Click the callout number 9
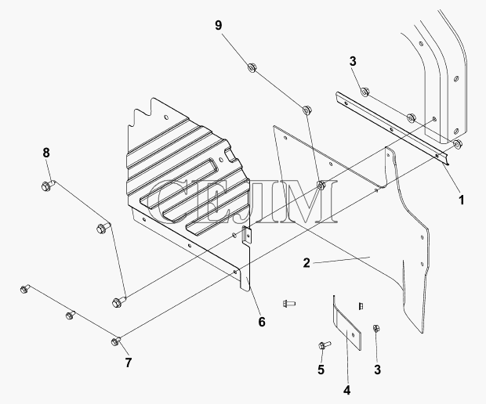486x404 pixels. (x=219, y=25)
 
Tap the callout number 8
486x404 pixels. (x=46, y=153)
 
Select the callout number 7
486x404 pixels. (x=129, y=363)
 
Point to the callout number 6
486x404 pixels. (x=262, y=322)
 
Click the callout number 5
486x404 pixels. (x=321, y=370)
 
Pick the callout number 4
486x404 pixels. (x=346, y=390)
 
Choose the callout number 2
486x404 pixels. (x=306, y=263)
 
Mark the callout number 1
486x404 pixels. (x=462, y=200)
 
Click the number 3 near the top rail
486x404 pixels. (x=353, y=61)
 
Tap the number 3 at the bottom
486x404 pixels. (x=377, y=370)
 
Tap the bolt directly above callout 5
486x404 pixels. (x=325, y=344)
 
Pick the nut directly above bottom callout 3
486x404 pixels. (x=376, y=328)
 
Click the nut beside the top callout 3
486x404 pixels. (x=365, y=92)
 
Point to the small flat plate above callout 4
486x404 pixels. (x=347, y=328)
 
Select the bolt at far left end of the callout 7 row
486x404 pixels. (x=24, y=289)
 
